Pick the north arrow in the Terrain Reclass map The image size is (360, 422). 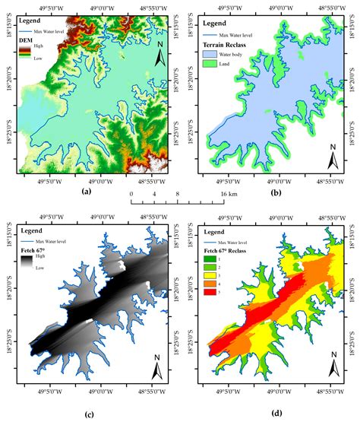click(x=332, y=158)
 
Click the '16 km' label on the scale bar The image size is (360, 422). click(x=228, y=195)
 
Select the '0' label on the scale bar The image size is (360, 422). click(x=131, y=195)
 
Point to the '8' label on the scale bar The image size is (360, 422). click(x=178, y=195)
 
